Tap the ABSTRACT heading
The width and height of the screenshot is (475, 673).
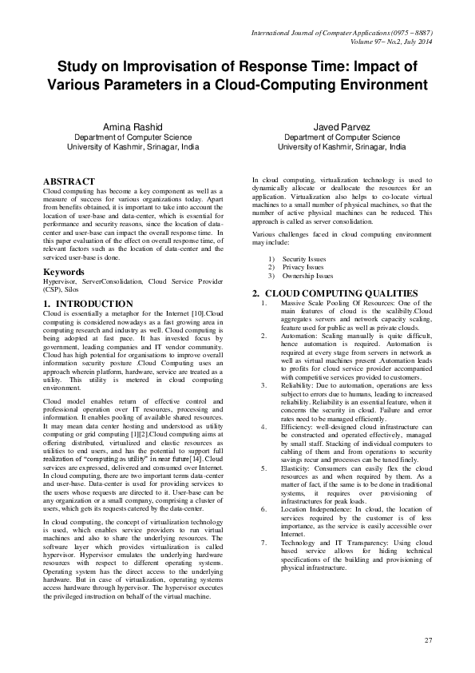69,182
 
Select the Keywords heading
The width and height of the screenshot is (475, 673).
63,272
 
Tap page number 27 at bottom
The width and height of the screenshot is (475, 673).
428,640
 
